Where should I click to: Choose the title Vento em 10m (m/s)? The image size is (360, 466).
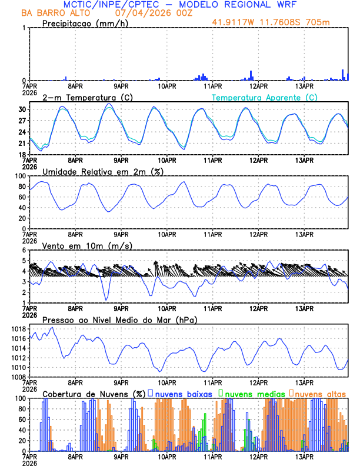[87, 245]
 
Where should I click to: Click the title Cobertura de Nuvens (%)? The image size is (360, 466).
[94, 394]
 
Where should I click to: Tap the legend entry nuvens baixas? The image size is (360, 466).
[183, 394]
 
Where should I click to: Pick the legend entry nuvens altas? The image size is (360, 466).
[320, 394]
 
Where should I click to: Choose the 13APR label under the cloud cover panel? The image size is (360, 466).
[304, 457]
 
